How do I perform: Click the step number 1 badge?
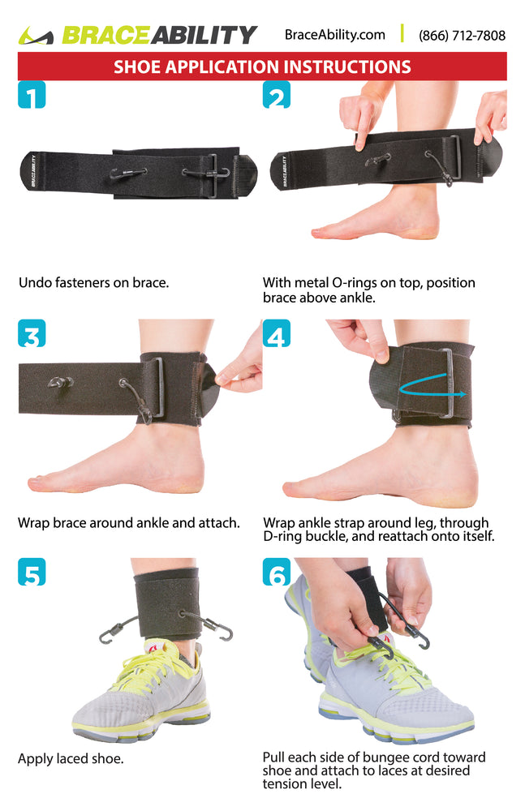(x=32, y=95)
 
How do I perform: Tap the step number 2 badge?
(x=277, y=95)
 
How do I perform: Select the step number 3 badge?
(x=32, y=333)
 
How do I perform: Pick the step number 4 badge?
(x=277, y=333)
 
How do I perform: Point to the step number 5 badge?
(x=32, y=572)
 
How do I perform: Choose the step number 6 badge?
(x=277, y=572)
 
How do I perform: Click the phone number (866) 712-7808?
(x=462, y=35)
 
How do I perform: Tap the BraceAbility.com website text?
(x=335, y=35)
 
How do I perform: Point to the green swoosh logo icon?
(x=36, y=36)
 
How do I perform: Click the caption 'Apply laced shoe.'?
(x=71, y=759)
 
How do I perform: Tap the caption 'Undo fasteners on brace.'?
(x=93, y=282)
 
